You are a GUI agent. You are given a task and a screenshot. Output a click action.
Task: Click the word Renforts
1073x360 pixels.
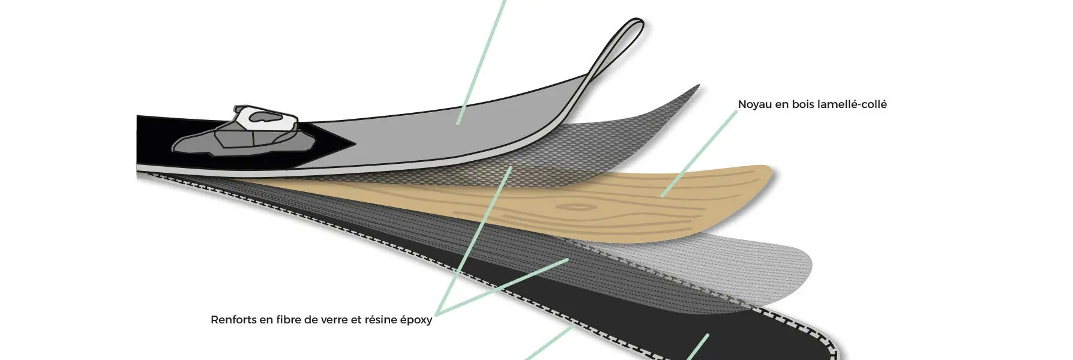(x=233, y=320)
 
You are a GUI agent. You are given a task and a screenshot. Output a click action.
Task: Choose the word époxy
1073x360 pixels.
(x=416, y=320)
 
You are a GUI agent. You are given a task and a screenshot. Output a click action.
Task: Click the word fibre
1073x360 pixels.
(x=289, y=320)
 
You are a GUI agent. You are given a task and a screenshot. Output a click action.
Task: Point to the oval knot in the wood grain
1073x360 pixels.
(x=576, y=208)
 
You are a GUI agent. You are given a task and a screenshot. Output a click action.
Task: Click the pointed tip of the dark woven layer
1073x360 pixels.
(x=698, y=86)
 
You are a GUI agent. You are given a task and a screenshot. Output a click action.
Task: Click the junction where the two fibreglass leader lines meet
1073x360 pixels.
(x=437, y=314)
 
